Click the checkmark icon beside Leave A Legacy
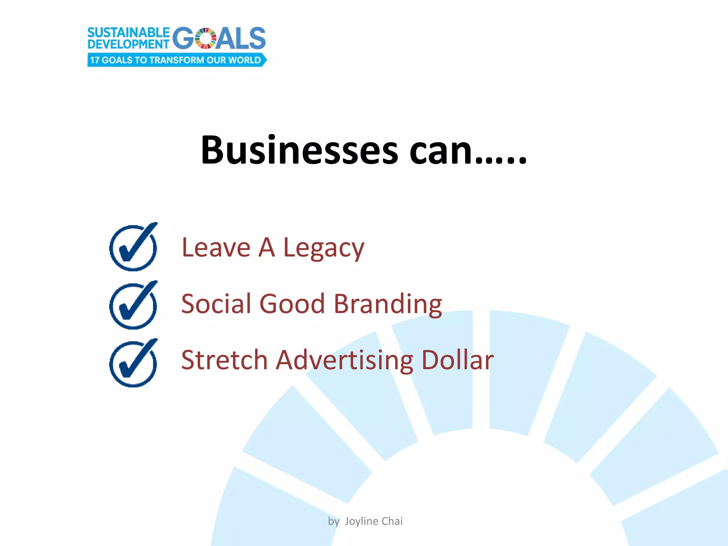(x=133, y=247)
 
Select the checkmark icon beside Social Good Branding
(x=133, y=305)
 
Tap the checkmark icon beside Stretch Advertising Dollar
(x=133, y=363)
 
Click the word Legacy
(x=323, y=248)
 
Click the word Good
(x=292, y=304)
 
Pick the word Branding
(x=388, y=305)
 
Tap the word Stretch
(x=224, y=360)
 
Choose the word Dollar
(x=457, y=360)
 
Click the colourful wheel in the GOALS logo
(x=206, y=38)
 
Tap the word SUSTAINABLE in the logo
(x=128, y=33)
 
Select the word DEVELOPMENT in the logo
(x=128, y=44)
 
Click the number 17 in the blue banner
(x=94, y=60)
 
